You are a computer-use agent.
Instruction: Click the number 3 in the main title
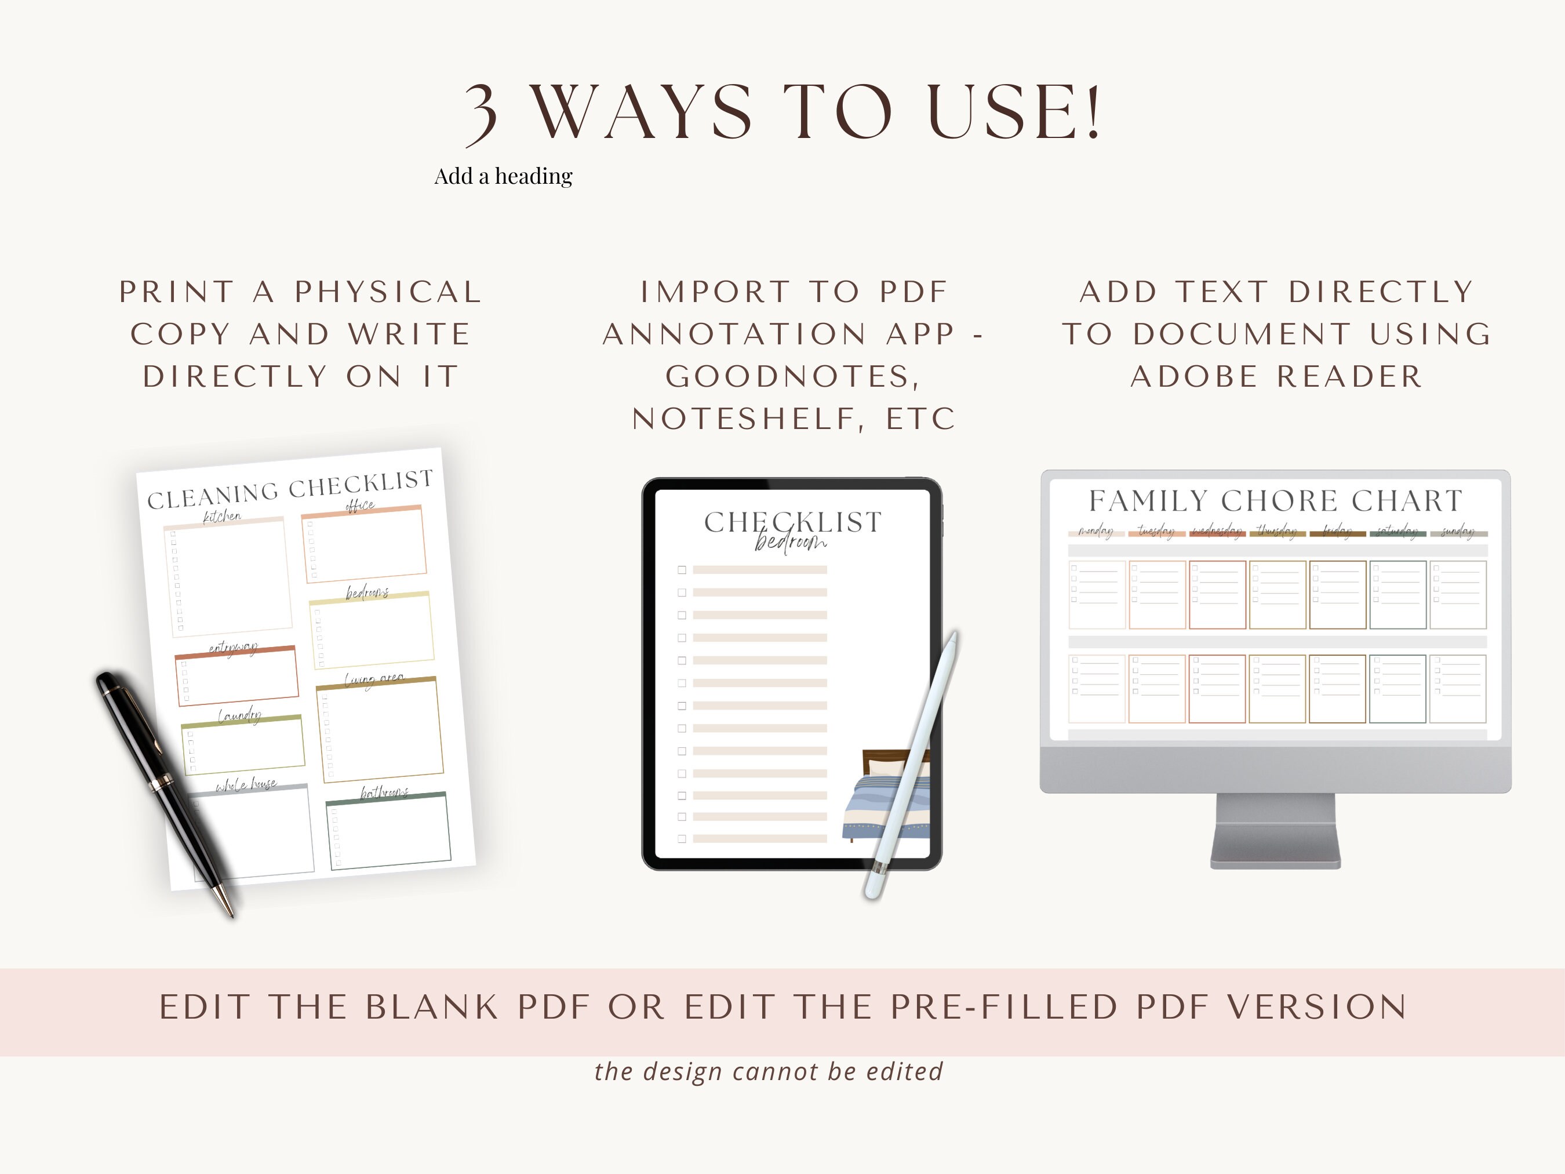[x=482, y=113]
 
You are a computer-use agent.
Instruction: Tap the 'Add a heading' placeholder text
[x=503, y=176]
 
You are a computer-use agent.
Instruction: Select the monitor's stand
[x=1275, y=831]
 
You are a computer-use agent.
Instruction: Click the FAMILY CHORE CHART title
[x=1275, y=501]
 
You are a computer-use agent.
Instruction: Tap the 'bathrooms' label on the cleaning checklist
[x=384, y=793]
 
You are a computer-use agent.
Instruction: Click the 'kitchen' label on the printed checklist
[x=222, y=517]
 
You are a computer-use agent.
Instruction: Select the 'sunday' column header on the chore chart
[x=1457, y=532]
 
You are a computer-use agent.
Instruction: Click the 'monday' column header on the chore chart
[x=1095, y=532]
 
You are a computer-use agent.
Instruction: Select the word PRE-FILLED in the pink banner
[x=1003, y=1007]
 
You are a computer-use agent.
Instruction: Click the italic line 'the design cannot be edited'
[x=769, y=1071]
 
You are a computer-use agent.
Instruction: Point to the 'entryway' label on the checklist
[x=233, y=648]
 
